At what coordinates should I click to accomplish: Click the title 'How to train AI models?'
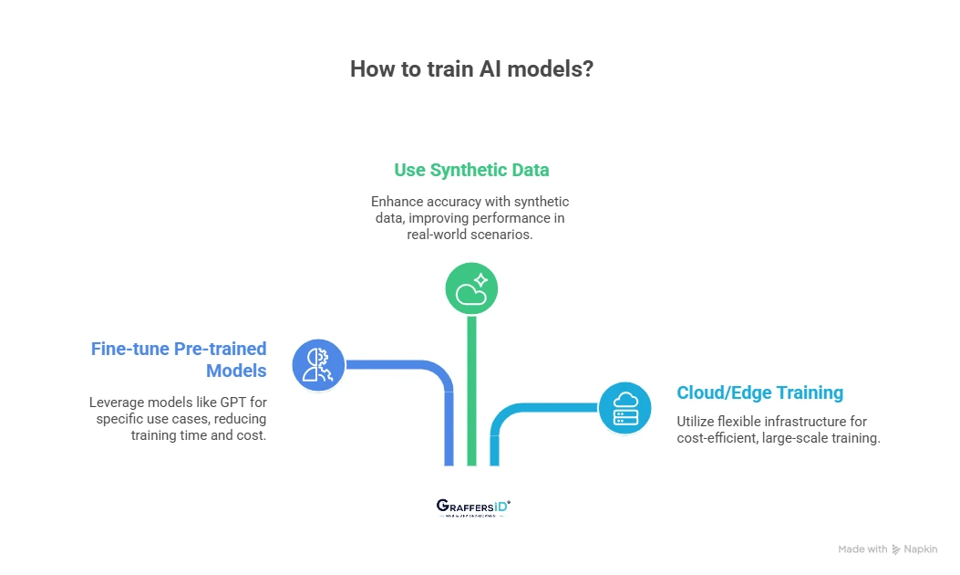(471, 69)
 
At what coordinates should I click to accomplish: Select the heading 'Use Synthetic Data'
(471, 170)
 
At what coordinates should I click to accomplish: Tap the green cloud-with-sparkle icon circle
(471, 290)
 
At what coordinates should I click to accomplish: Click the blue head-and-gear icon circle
(318, 365)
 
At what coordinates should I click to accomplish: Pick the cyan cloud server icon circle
(625, 407)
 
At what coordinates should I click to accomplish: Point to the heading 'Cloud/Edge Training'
(759, 392)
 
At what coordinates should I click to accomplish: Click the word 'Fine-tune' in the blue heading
(129, 349)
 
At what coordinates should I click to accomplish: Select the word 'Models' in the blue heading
(236, 371)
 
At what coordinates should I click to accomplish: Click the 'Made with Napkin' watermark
(887, 549)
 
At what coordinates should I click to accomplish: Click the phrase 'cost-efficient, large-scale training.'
(778, 437)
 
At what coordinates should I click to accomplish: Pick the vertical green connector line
(471, 392)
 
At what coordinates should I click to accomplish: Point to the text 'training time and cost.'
(199, 435)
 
